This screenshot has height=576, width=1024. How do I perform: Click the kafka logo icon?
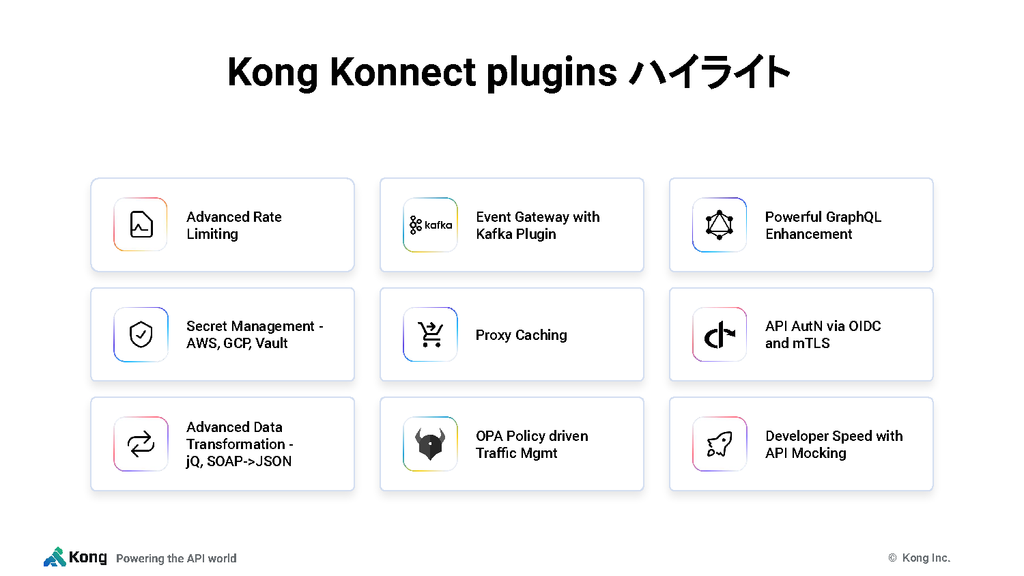point(431,225)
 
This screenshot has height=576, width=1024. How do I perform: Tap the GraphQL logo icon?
point(719,225)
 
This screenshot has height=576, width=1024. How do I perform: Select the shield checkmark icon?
point(141,334)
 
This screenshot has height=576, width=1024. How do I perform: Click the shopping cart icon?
point(430,334)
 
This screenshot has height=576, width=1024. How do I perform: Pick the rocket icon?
point(720,444)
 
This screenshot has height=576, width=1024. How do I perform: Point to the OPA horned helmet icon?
point(430,444)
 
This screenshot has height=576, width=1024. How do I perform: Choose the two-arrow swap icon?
point(141,444)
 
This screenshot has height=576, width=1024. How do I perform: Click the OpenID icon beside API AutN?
point(720,334)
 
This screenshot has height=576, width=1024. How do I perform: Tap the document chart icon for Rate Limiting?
point(141,225)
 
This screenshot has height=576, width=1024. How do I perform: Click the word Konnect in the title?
point(403,72)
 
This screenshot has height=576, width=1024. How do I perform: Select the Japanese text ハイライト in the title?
point(709,72)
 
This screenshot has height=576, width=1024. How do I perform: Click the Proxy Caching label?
point(521,335)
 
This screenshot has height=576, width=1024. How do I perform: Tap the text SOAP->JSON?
point(249,461)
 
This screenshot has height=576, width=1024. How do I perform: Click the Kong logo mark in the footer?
point(55,557)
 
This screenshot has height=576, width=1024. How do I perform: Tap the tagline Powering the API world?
point(176,558)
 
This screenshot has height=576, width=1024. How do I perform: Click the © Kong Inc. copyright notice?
point(920,558)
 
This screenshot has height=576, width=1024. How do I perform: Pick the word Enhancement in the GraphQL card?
point(809,234)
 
